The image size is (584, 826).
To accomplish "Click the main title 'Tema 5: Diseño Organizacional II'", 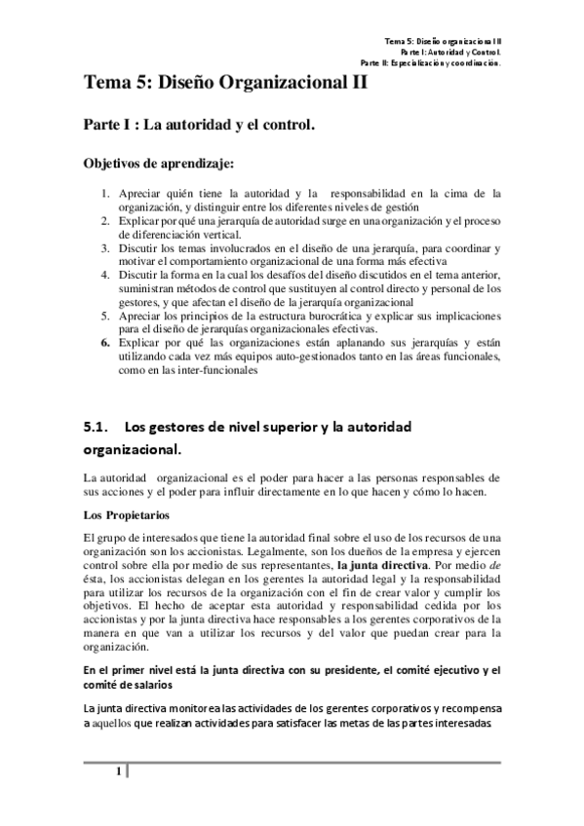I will [x=226, y=84].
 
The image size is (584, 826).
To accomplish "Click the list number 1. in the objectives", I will [x=106, y=194].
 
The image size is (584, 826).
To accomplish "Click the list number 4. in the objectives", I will [x=106, y=276].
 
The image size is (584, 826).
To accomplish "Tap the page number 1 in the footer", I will [x=118, y=773].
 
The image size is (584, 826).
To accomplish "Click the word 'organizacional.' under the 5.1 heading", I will [x=132, y=452].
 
